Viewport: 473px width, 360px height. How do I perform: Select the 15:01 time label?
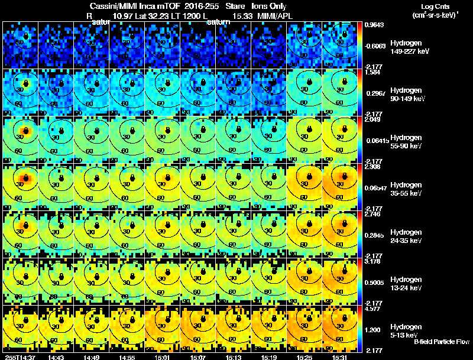(162, 357)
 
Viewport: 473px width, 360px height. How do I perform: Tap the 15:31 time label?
(339, 357)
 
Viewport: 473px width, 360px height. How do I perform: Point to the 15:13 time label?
(233, 357)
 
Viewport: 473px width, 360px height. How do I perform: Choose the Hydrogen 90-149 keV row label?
(408, 94)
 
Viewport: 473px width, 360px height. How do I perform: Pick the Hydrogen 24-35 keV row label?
(407, 236)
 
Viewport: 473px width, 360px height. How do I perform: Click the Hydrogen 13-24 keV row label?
(407, 283)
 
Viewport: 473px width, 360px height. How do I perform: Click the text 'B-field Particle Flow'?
(442, 342)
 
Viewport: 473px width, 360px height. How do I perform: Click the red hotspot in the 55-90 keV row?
(25, 130)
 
